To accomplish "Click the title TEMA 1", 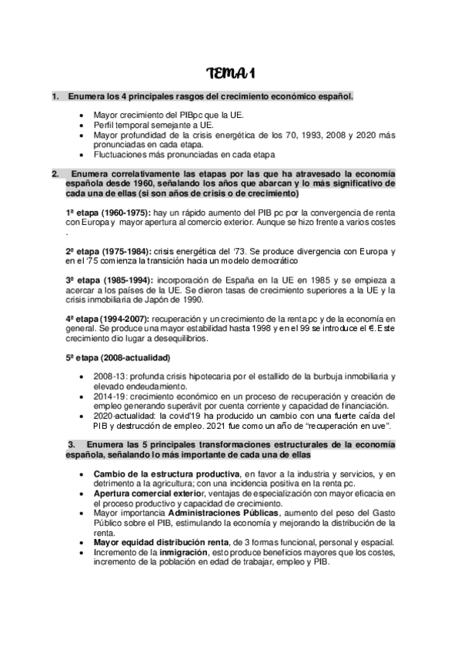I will coord(231,74).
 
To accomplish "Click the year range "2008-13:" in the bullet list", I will coord(109,377).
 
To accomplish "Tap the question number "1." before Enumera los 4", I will coord(55,97).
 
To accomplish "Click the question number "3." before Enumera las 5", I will coord(72,444).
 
